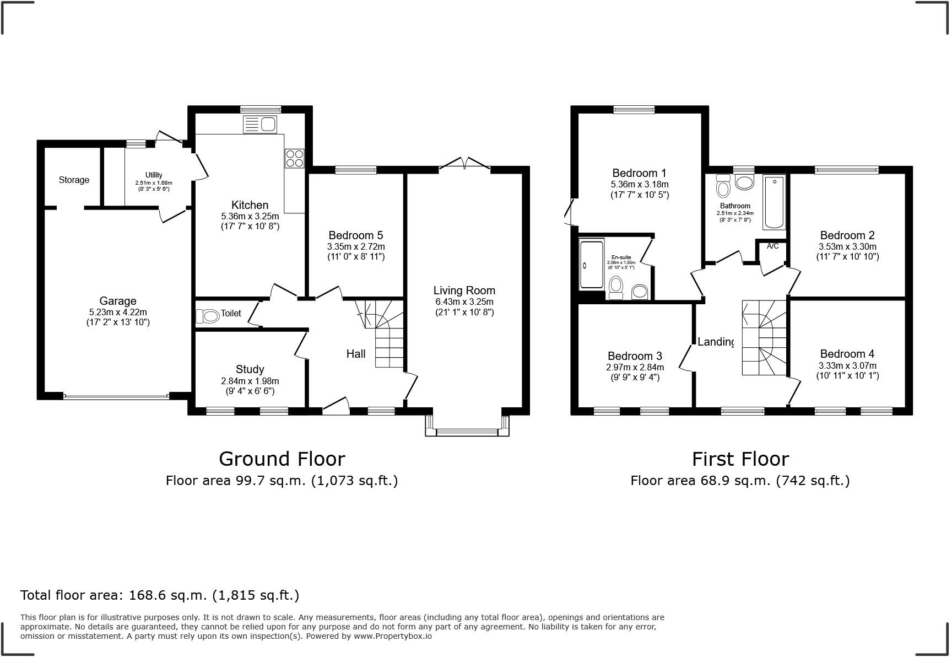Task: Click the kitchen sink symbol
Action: pos(259,125)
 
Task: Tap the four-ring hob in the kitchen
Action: pos(294,158)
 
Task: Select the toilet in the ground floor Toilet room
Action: pos(208,316)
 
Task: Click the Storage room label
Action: pos(74,180)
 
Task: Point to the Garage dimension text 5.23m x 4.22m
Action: pos(117,312)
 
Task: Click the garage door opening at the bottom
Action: pos(116,396)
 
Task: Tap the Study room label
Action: pos(250,369)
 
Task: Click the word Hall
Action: pos(356,354)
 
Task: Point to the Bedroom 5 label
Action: pos(355,235)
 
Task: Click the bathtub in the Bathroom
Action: pos(773,202)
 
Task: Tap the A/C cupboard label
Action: pos(772,246)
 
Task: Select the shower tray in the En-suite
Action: pos(591,263)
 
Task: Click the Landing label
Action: pos(716,342)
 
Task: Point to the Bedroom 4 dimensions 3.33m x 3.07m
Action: pos(847,365)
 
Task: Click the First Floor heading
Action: pos(740,459)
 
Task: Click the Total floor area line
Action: pos(159,595)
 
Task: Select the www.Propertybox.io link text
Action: pos(392,636)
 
